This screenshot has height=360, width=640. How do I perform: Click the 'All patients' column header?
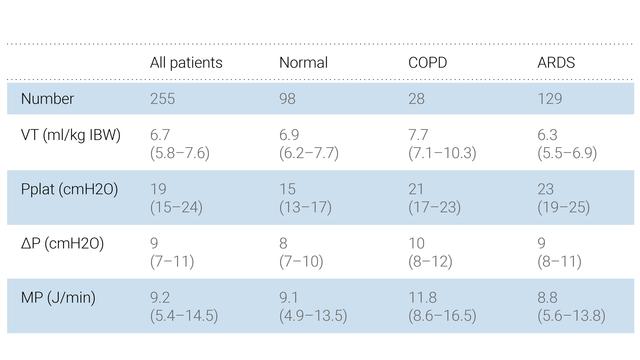click(x=186, y=63)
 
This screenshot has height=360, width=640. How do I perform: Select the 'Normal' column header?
click(x=303, y=63)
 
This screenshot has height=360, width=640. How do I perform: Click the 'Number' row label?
click(x=47, y=99)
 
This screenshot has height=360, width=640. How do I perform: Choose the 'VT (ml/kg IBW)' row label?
click(x=70, y=135)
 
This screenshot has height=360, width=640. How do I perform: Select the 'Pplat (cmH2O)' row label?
click(x=69, y=189)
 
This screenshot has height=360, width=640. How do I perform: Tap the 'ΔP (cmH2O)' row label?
click(x=62, y=243)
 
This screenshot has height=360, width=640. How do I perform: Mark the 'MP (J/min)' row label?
click(x=58, y=297)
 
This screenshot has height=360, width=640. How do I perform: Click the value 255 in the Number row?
click(x=163, y=99)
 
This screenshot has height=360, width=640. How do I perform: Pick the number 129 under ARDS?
click(x=550, y=99)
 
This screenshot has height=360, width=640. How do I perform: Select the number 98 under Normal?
click(x=289, y=99)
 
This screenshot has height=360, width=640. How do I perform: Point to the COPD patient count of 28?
click(x=418, y=99)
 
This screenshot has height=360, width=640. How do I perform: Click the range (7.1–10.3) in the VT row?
click(x=442, y=153)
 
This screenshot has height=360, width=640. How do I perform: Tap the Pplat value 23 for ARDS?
click(x=547, y=189)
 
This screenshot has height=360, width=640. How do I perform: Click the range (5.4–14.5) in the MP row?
click(x=184, y=315)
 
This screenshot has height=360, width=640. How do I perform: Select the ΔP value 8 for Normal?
click(x=284, y=243)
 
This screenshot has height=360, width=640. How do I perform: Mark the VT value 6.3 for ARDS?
click(x=548, y=135)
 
